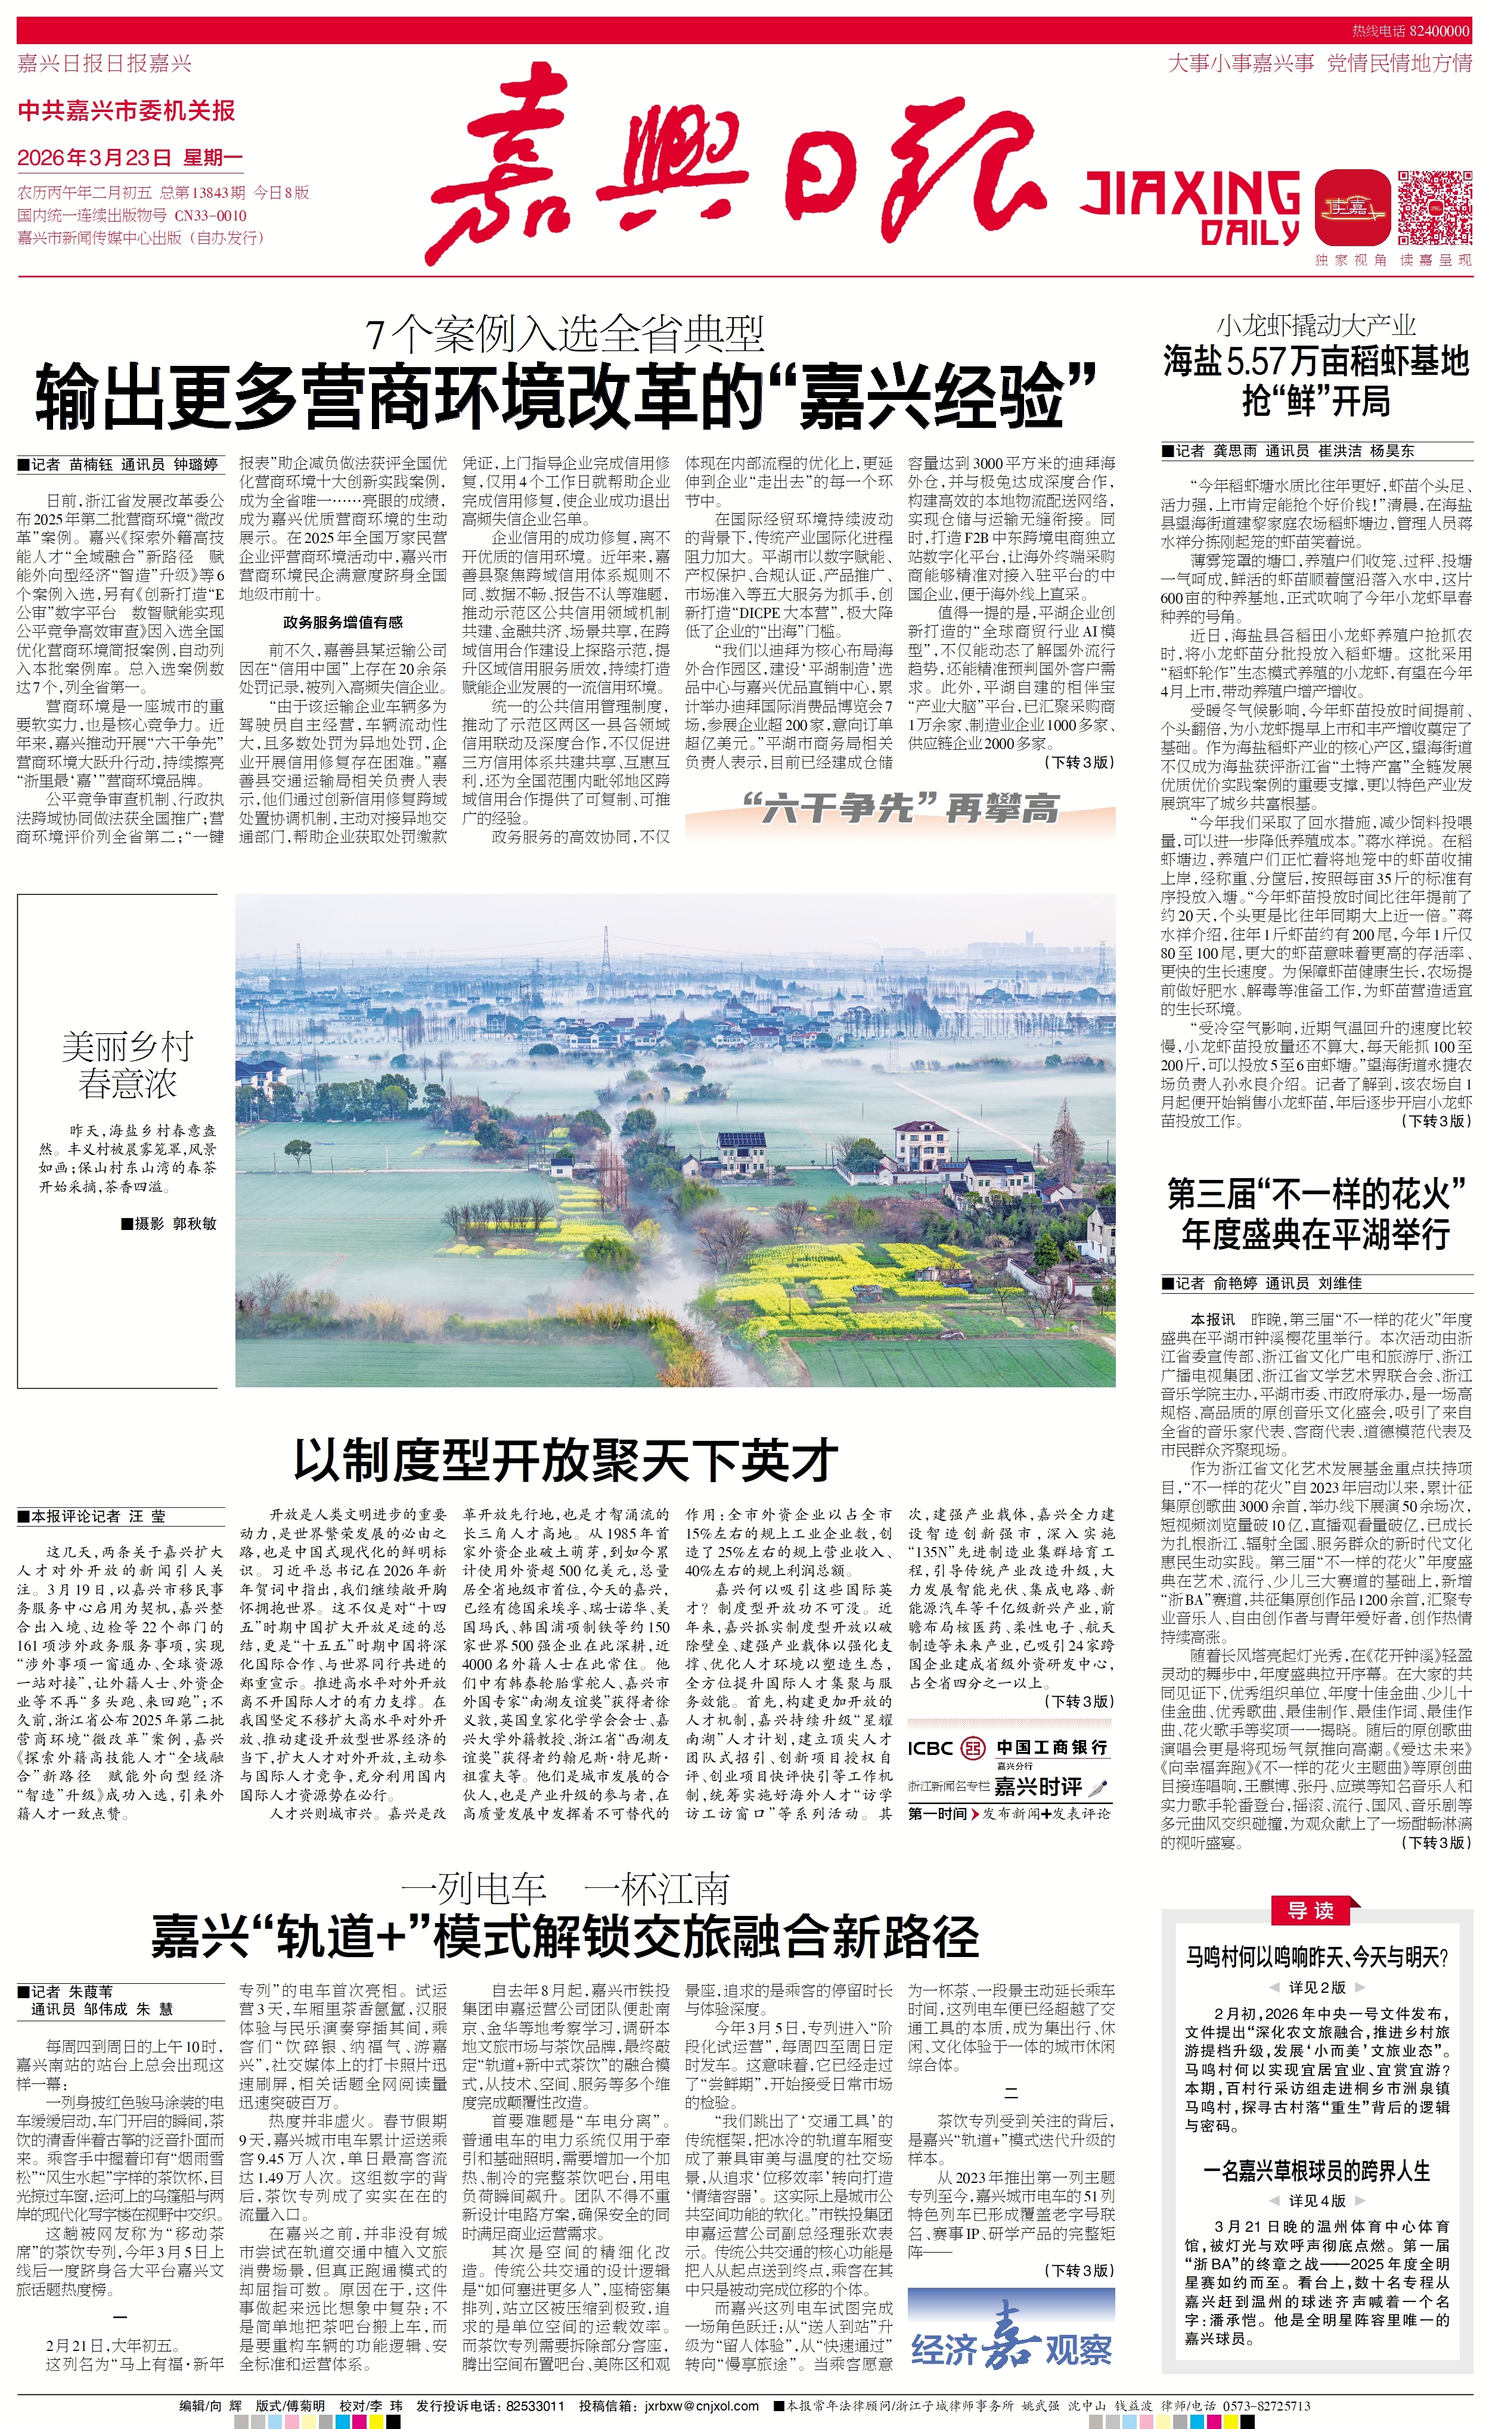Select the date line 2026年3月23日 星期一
tap(129, 158)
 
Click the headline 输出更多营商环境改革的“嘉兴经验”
tap(566, 395)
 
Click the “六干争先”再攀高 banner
tap(899, 809)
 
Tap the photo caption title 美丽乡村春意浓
tap(127, 1065)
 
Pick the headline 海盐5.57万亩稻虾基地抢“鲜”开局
tap(1316, 381)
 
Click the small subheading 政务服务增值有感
tap(342, 622)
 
